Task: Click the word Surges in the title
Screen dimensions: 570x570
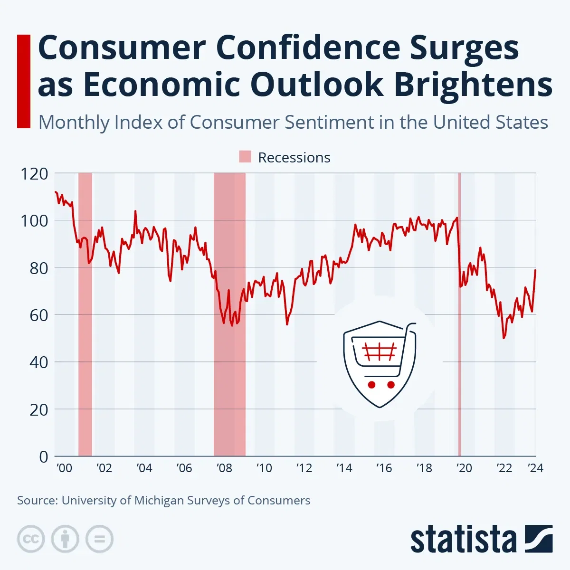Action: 464,48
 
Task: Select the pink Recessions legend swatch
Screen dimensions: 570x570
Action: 245,157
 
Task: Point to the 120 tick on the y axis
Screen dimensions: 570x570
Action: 34,174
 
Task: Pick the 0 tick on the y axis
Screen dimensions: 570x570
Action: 44,456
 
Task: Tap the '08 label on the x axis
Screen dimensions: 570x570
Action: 224,468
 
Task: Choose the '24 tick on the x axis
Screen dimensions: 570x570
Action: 536,468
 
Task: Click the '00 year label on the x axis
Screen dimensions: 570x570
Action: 64,468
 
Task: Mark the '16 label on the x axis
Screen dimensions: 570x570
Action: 384,468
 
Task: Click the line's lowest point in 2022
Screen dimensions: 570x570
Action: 503,338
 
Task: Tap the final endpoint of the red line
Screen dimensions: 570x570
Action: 536,270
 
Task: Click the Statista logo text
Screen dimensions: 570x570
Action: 463,540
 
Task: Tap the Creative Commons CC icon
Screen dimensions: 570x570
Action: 31,539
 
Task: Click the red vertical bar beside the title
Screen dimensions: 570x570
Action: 23,81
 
